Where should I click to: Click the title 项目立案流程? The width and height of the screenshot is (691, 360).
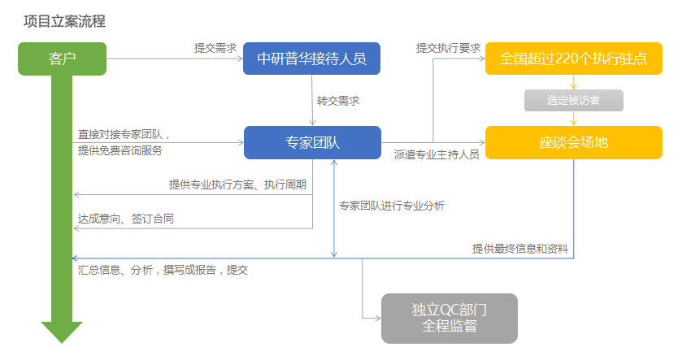pyautogui.click(x=65, y=22)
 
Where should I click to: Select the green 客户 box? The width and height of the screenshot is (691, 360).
pyautogui.click(x=62, y=59)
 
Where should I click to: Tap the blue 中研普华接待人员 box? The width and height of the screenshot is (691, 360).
pyautogui.click(x=312, y=59)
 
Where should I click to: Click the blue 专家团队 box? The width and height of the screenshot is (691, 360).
pyautogui.click(x=312, y=142)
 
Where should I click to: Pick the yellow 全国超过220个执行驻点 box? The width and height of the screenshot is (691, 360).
pyautogui.click(x=574, y=59)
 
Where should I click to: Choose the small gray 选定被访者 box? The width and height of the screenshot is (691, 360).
pyautogui.click(x=574, y=101)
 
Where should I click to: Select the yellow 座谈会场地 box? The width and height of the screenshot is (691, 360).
pyautogui.click(x=574, y=142)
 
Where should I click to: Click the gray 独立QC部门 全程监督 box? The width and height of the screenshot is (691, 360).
pyautogui.click(x=450, y=318)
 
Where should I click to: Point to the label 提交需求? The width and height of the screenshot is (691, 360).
pyautogui.click(x=215, y=47)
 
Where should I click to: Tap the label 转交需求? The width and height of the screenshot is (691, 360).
pyautogui.click(x=338, y=101)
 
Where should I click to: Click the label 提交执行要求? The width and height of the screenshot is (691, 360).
pyautogui.click(x=448, y=47)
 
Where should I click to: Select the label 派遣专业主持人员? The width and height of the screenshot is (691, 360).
pyautogui.click(x=437, y=153)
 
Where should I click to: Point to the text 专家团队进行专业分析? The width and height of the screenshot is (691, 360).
pyautogui.click(x=392, y=206)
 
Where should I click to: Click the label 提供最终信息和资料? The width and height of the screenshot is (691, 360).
pyautogui.click(x=520, y=248)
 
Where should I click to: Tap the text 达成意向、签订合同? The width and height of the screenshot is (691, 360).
pyautogui.click(x=126, y=219)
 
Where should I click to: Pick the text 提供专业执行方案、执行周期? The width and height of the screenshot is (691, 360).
pyautogui.click(x=237, y=184)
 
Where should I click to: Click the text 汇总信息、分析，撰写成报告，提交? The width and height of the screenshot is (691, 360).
pyautogui.click(x=163, y=270)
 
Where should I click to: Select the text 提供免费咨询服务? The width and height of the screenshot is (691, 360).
pyautogui.click(x=120, y=150)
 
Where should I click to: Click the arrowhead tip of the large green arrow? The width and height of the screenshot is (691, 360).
pyautogui.click(x=62, y=341)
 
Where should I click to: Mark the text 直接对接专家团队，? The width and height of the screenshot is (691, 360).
pyautogui.click(x=124, y=134)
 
